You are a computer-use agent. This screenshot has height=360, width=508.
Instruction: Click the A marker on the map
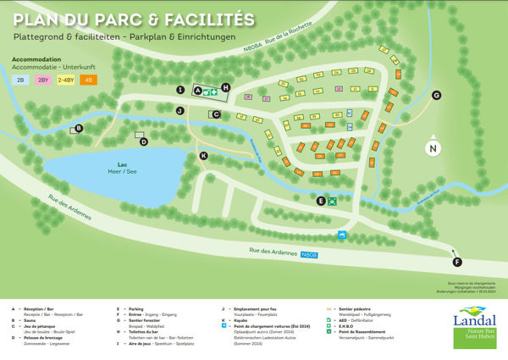click(x=198, y=89)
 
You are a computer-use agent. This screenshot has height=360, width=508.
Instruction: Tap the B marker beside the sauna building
click(x=79, y=129)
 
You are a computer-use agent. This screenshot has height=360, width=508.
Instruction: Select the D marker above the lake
click(x=144, y=141)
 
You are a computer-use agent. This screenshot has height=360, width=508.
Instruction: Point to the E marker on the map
click(x=321, y=201)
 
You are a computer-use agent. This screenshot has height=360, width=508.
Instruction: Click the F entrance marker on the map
click(x=457, y=262)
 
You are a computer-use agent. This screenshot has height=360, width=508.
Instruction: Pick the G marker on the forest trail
click(x=437, y=96)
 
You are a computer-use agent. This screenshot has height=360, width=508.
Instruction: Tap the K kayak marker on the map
click(x=203, y=156)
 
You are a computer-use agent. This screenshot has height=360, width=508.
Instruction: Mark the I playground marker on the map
click(x=179, y=89)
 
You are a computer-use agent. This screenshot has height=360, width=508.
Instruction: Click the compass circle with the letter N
click(x=433, y=149)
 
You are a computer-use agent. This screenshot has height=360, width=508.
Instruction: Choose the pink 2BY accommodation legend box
click(x=43, y=80)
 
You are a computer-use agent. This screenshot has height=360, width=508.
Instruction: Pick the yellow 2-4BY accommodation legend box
click(x=65, y=80)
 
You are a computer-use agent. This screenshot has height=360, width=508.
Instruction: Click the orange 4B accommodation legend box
click(x=87, y=80)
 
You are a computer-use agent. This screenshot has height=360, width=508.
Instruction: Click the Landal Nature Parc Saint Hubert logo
click(x=473, y=326)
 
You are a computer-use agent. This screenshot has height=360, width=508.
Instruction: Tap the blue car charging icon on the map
click(x=342, y=234)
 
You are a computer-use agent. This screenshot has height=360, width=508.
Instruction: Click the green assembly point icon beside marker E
click(x=334, y=201)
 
